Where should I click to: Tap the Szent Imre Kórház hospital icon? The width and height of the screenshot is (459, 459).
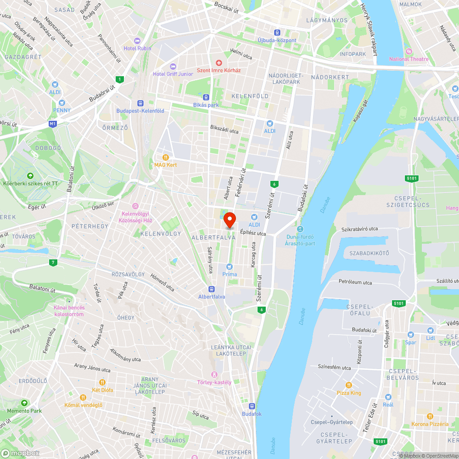tap(219, 62)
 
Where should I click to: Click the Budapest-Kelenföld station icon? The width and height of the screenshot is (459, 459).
tap(140, 103)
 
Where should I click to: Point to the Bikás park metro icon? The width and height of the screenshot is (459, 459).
tap(207, 97)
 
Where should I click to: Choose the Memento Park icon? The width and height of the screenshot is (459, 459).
tap(23, 403)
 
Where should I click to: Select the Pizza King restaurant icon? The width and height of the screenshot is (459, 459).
tap(349, 385)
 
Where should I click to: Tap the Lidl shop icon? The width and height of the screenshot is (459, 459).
tap(430, 330)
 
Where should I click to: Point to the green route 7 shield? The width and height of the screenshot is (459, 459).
tap(54, 263)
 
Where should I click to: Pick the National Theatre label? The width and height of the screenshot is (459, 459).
tap(409, 59)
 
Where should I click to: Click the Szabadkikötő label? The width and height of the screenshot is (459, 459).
tap(369, 253)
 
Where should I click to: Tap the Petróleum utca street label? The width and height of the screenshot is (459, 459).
tap(355, 282)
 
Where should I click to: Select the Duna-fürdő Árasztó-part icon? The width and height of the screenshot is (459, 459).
tap(300, 229)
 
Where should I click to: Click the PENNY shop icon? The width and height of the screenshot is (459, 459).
tap(62, 102)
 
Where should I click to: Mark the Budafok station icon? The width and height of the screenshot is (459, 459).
tap(252, 406)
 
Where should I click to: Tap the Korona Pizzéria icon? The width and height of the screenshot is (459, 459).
tap(430, 416)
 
